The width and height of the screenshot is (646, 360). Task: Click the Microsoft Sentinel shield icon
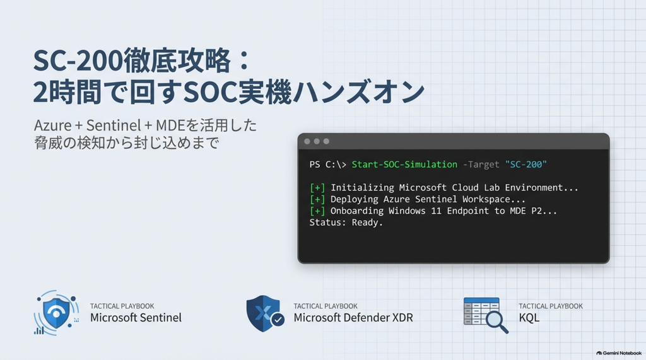click(56, 313)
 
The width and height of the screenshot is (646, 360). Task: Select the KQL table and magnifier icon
click(486, 315)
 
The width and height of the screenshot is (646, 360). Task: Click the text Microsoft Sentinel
click(136, 318)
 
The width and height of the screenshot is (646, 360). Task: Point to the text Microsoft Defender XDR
click(353, 318)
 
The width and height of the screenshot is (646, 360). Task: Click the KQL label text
click(529, 318)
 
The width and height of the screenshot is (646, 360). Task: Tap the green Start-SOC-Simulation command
click(404, 165)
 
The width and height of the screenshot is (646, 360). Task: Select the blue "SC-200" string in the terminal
click(526, 165)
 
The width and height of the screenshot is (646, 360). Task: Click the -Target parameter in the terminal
click(481, 165)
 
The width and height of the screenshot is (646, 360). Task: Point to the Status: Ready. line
click(346, 223)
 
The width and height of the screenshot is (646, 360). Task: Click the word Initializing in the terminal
click(362, 188)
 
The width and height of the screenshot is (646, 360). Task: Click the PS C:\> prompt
click(327, 165)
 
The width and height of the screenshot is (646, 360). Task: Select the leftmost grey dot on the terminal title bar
click(307, 141)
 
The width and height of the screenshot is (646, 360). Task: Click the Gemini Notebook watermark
click(619, 353)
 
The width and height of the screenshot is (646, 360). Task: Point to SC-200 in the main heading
click(78, 61)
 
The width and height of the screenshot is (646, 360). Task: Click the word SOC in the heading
click(209, 92)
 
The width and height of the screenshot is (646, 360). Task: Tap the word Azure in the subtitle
click(53, 125)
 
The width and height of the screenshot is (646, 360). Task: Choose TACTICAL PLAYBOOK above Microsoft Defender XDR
click(326, 306)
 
